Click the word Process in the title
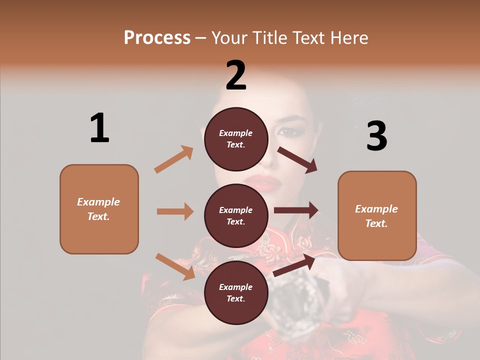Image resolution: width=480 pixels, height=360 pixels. coord(157,37)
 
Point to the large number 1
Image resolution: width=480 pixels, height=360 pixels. coord(99,128)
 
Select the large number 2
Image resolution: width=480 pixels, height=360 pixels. coord(236,75)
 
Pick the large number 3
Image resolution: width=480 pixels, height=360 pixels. coord(376,136)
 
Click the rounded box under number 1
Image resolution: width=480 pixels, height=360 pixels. coord(99,209)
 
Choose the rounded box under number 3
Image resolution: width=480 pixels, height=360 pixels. coord(377,216)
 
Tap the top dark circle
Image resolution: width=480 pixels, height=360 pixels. coord(236,139)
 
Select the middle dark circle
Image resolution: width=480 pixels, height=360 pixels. coord(236,216)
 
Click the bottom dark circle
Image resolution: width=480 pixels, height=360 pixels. coord(236,293)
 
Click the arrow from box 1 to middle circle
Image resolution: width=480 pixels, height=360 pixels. coord(175,211)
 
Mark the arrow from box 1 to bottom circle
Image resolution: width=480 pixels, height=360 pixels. coord(175,266)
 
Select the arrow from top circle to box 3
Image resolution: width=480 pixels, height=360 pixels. coord(297,160)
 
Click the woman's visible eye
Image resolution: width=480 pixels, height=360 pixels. coord(288,132)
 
